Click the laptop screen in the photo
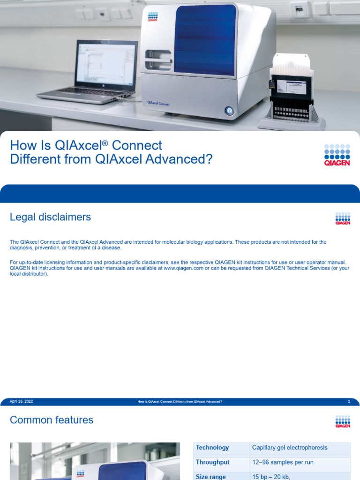pos(106,64)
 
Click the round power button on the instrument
pos(229,111)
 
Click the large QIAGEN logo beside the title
pos(337,155)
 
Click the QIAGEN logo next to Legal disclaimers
pos(343,218)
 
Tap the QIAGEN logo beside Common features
pos(343,421)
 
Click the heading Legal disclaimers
pos(50,217)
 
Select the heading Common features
pos(52,420)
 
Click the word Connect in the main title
pos(139,145)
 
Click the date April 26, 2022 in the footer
pos(22,402)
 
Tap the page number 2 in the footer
pos(349,402)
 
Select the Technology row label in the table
pos(212,448)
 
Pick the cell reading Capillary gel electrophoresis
pos(290,448)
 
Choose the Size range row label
pos(211,476)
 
